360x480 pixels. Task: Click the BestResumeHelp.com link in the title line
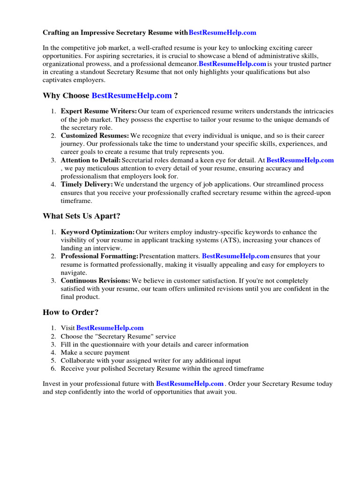[x=222, y=33]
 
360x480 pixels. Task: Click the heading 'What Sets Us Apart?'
[x=82, y=216]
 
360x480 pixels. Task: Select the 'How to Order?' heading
[x=71, y=312]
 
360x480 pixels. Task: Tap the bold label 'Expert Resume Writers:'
[x=99, y=111]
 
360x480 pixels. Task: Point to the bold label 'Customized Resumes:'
[x=95, y=135]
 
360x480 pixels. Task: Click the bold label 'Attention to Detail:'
[x=91, y=160]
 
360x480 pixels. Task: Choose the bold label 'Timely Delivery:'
[x=87, y=185]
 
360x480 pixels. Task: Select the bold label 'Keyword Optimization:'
[x=98, y=232]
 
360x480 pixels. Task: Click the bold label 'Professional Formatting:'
[x=99, y=256]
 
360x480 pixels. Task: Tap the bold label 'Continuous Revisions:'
[x=96, y=281]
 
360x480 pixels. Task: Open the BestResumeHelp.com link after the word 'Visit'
[x=110, y=328]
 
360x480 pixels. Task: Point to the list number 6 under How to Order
[x=53, y=368]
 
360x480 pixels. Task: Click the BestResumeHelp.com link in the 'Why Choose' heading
[x=132, y=96]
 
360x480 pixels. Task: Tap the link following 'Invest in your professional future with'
[x=190, y=383]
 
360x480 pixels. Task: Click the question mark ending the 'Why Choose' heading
[x=176, y=96]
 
